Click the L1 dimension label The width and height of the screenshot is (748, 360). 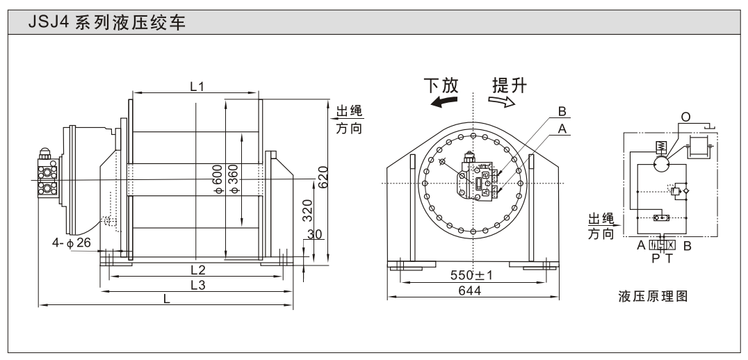click(197, 86)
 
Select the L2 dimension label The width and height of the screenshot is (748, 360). click(197, 270)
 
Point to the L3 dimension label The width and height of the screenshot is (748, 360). click(197, 286)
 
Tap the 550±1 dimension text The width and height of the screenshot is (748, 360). click(471, 275)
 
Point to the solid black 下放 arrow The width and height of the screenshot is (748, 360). click(444, 102)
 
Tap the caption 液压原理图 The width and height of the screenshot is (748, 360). click(653, 297)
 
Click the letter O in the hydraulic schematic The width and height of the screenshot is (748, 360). click(685, 117)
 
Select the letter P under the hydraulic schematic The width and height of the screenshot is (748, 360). click(654, 257)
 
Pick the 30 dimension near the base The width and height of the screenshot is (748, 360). click(314, 235)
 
